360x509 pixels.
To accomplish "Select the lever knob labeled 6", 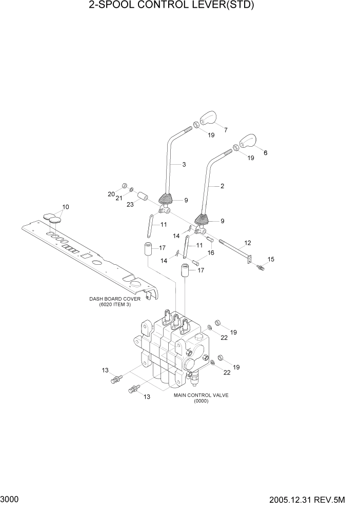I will [247, 140].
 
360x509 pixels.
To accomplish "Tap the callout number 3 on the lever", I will [184, 165].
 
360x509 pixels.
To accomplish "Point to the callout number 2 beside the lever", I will [222, 186].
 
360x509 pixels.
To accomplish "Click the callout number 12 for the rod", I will [248, 243].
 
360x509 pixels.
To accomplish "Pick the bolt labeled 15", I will [261, 267].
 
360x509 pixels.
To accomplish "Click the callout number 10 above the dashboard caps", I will [65, 207].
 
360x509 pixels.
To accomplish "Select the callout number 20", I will [111, 194].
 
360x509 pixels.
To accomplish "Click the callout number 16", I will [211, 252].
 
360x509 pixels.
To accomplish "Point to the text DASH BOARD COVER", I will [115, 299].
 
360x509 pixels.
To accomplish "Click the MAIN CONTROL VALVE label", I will [201, 396].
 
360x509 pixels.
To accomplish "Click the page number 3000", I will [10, 499].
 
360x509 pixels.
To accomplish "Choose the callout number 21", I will [119, 198].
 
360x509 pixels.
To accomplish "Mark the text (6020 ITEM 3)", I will [115, 305].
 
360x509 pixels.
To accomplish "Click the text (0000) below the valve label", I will [201, 401].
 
